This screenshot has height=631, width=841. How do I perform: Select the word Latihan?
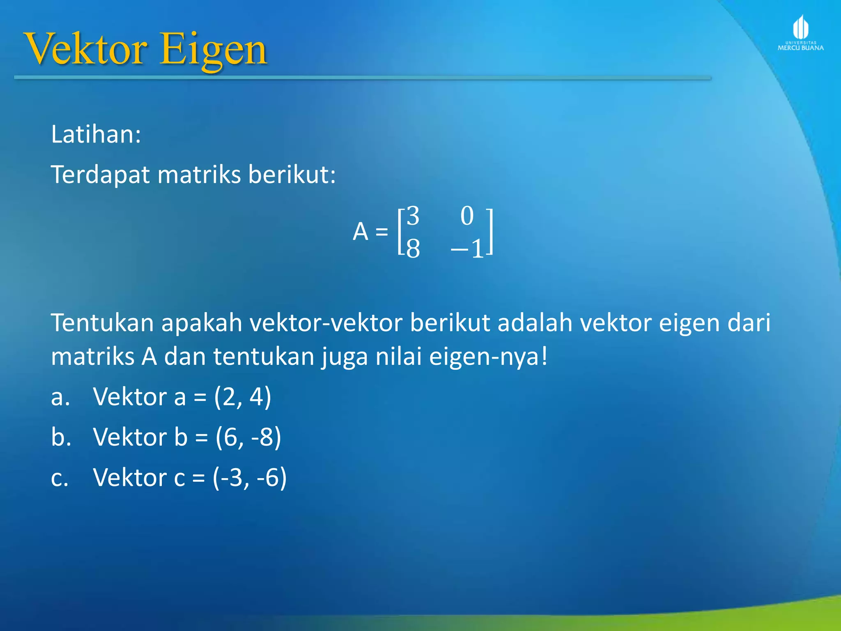point(96,134)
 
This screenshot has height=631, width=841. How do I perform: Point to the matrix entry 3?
point(413,216)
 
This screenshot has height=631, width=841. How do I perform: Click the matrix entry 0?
point(467,216)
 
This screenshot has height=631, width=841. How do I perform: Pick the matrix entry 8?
point(413,249)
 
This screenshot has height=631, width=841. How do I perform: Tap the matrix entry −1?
point(468,249)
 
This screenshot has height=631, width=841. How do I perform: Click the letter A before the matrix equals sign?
point(360,232)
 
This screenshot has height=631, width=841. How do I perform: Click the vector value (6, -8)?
point(248,437)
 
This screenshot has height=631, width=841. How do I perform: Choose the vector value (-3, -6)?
point(249,478)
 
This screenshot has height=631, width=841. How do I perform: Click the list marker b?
point(61,437)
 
